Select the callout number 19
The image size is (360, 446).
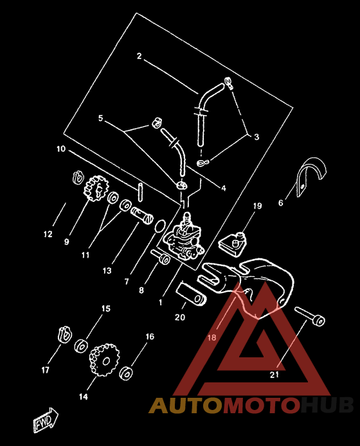(257, 206)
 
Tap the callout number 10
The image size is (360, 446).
(61, 148)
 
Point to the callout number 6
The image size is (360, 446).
(280, 203)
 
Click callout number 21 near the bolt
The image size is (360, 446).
(274, 375)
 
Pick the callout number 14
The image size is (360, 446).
(84, 397)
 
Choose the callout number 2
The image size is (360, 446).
(139, 56)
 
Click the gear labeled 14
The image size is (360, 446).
(104, 360)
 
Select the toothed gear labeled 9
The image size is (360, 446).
(96, 188)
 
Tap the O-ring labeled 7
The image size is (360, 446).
(159, 226)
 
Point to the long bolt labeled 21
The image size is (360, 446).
(310, 317)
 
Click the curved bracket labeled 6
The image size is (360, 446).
(311, 176)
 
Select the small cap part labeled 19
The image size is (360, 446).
(233, 244)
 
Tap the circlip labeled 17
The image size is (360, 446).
(64, 334)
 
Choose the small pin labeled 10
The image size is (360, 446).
(139, 192)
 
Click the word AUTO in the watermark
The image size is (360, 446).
(186, 405)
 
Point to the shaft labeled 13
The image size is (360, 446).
(141, 215)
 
